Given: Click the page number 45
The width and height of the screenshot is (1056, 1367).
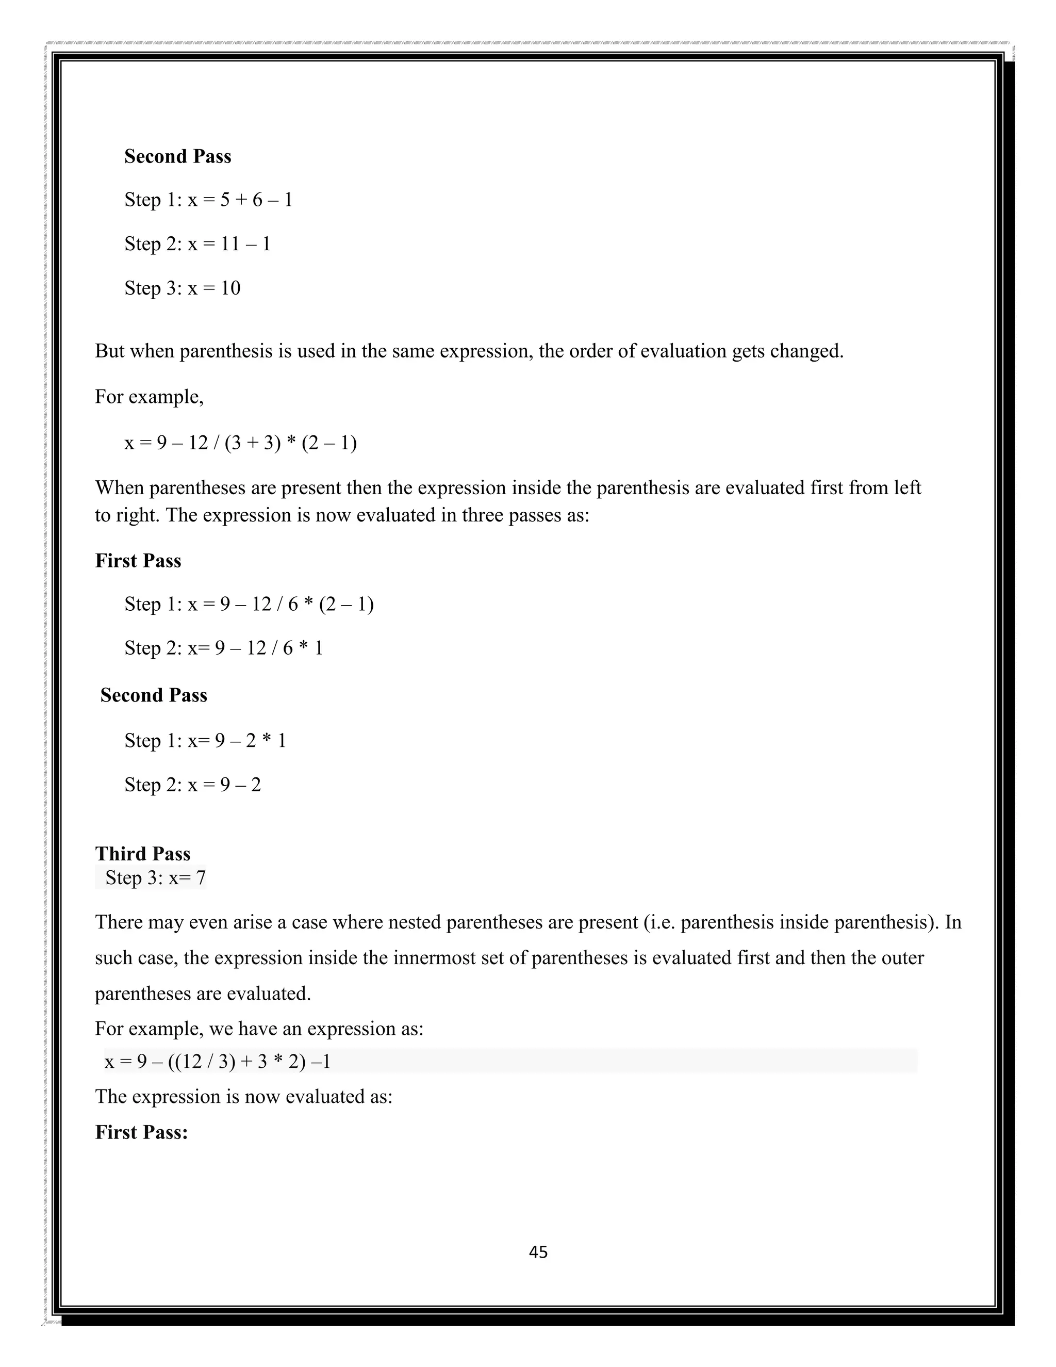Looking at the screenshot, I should (x=538, y=1252).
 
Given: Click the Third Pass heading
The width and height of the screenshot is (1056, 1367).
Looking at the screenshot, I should (x=143, y=854).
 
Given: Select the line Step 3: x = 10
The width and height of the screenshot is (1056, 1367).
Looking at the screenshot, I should (x=182, y=288).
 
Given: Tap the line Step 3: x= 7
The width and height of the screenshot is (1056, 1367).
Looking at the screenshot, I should (x=155, y=877).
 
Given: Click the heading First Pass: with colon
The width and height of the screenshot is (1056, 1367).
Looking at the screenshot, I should (x=141, y=1132).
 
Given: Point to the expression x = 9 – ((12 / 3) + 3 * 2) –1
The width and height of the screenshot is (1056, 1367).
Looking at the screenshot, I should (x=218, y=1061).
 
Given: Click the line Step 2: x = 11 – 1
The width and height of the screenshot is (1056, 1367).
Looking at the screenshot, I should (x=197, y=243).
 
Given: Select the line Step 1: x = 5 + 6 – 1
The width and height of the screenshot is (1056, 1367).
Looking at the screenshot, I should (x=208, y=200).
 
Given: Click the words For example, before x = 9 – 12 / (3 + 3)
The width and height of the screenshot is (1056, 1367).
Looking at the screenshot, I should (x=149, y=397).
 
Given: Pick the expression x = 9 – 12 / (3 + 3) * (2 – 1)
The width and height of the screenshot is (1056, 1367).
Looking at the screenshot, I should (x=240, y=443).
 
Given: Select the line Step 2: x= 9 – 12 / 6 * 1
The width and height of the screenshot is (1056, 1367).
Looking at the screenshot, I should (x=223, y=648).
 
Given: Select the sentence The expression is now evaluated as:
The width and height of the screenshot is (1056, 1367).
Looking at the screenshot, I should (x=243, y=1097).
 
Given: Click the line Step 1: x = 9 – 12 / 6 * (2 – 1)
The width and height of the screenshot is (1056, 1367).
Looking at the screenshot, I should (x=249, y=604).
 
